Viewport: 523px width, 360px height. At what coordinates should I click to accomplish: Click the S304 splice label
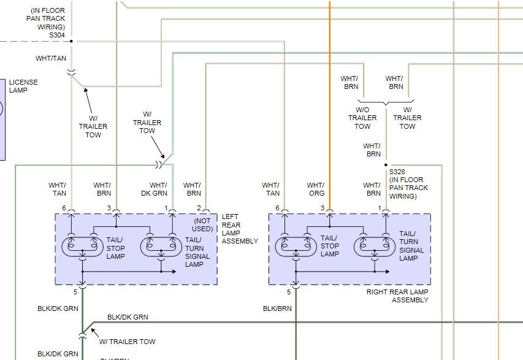[57, 36]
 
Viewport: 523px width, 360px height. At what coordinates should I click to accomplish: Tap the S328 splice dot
[386, 165]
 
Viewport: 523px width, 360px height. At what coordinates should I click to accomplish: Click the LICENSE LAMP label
[23, 86]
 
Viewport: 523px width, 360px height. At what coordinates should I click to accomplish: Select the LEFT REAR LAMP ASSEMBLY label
[240, 229]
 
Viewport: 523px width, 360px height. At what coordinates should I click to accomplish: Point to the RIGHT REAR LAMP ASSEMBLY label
[397, 296]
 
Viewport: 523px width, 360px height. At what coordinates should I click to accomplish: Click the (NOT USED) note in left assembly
[203, 225]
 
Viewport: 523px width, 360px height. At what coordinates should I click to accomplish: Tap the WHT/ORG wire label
[315, 189]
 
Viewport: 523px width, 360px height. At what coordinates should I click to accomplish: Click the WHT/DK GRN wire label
[158, 189]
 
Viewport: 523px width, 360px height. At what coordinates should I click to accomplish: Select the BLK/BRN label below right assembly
[277, 308]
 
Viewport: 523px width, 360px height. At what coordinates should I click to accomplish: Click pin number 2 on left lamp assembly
[199, 209]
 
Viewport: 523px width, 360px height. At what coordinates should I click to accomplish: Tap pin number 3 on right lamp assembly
[322, 209]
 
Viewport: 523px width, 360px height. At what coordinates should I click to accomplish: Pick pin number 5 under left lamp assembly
[75, 291]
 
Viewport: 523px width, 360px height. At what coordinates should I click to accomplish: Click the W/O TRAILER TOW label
[362, 118]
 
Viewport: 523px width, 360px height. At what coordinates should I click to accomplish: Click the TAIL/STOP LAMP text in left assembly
[116, 248]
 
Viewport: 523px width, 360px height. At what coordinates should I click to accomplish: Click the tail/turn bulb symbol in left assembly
[161, 247]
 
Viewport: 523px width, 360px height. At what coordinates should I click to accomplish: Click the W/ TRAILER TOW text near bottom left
[127, 342]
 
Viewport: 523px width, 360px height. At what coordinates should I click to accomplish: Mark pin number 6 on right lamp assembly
[277, 209]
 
